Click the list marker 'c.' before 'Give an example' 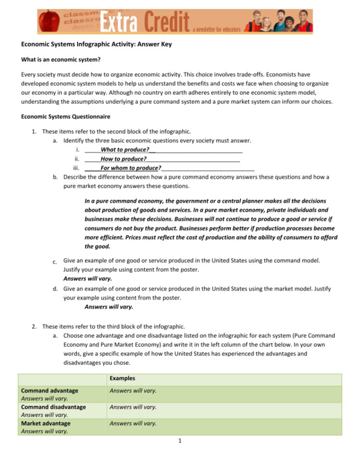[56, 261]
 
